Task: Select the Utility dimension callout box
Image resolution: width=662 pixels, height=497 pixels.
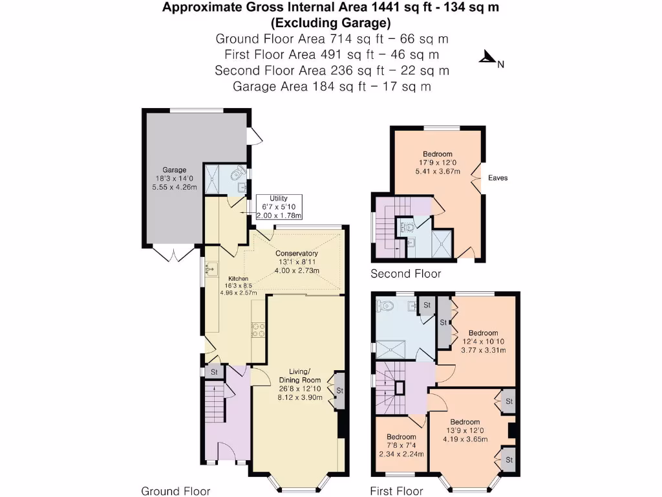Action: pyautogui.click(x=279, y=207)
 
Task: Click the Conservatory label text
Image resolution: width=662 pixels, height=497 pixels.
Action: pyautogui.click(x=296, y=253)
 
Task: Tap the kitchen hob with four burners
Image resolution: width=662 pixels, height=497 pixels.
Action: pyautogui.click(x=258, y=329)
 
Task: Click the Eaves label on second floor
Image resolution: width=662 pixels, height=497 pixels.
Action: pyautogui.click(x=498, y=178)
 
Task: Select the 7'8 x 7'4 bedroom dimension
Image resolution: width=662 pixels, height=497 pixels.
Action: pyautogui.click(x=401, y=446)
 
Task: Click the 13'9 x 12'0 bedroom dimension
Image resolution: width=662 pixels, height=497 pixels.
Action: pyautogui.click(x=465, y=431)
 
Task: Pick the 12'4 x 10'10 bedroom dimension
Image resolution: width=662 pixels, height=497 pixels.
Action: pyautogui.click(x=483, y=342)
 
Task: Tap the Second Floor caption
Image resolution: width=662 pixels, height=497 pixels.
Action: pyautogui.click(x=405, y=274)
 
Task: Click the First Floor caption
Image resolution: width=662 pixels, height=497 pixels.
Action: pyautogui.click(x=396, y=491)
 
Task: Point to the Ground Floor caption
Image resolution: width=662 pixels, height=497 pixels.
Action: pyautogui.click(x=176, y=491)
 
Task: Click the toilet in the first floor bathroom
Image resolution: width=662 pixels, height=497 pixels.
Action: pyautogui.click(x=387, y=305)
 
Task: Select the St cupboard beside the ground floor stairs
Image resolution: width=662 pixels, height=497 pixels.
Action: pyautogui.click(x=213, y=372)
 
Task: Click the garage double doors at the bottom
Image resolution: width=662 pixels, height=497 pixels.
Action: pyautogui.click(x=174, y=254)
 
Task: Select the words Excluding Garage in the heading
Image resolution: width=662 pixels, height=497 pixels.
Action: pyautogui.click(x=330, y=23)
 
